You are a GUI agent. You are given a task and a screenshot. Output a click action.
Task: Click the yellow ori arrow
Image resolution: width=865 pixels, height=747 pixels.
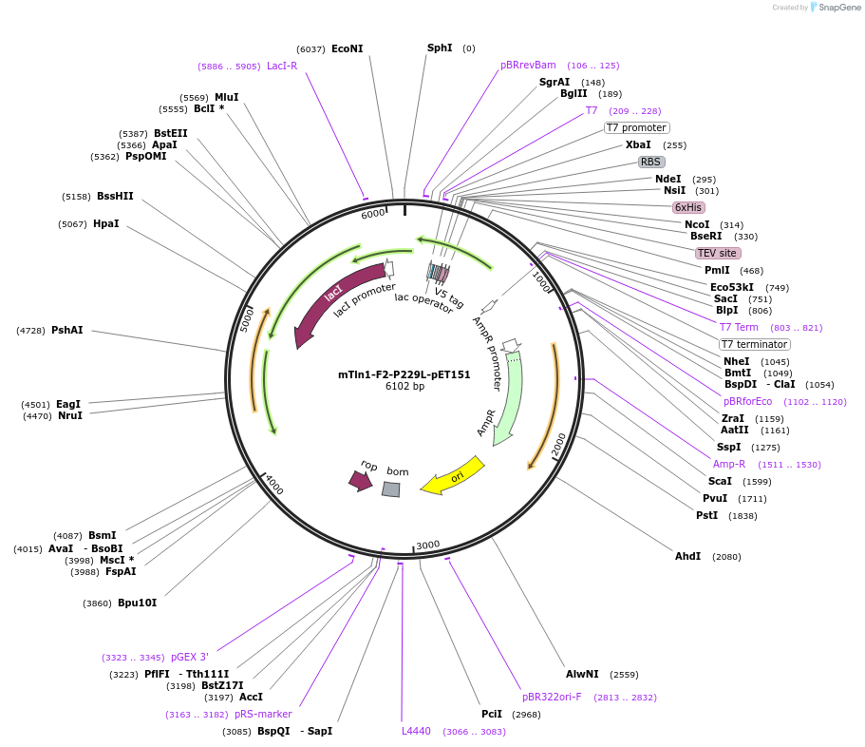[453, 475]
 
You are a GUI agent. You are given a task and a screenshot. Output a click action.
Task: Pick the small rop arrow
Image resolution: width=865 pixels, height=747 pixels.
[361, 481]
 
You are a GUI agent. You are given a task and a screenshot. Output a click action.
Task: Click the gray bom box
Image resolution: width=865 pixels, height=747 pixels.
[391, 489]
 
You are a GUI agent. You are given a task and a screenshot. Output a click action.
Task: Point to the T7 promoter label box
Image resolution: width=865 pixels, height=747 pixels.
[636, 127]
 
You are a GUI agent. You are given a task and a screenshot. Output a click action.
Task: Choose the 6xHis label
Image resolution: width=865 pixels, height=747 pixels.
[688, 207]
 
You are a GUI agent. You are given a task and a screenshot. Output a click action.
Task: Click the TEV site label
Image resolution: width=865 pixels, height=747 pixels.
[717, 253]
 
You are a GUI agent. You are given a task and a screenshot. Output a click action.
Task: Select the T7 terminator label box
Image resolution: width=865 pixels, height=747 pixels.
[754, 344]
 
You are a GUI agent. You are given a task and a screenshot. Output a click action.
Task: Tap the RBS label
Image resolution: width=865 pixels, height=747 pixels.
[650, 162]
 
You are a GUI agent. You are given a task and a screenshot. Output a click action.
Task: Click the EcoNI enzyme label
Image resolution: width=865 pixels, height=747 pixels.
[347, 48]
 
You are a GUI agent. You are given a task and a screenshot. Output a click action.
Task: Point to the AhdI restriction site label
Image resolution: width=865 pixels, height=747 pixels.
[687, 556]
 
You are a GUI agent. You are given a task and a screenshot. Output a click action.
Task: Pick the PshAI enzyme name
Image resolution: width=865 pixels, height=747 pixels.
[66, 330]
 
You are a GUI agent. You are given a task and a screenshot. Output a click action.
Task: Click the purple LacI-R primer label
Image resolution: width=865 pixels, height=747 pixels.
[282, 66]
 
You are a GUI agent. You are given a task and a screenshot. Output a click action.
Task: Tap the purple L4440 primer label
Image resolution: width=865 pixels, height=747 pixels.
[416, 731]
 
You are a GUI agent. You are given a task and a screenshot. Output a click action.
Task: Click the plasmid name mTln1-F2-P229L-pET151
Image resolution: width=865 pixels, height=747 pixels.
[404, 374]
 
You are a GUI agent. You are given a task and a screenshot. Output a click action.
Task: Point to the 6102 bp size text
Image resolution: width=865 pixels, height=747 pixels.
[404, 387]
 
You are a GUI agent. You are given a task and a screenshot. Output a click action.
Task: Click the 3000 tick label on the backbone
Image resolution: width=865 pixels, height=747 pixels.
[428, 545]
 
